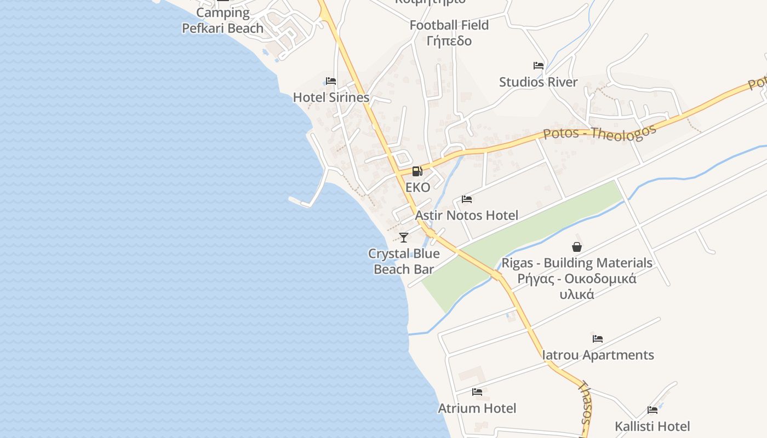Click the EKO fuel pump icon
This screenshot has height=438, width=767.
coord(417,171)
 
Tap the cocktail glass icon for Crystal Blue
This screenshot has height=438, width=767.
coord(404,237)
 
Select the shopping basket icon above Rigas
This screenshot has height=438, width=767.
coord(577,247)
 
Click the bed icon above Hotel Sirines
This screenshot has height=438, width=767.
coord(331,81)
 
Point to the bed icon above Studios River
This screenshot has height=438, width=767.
coord(539,66)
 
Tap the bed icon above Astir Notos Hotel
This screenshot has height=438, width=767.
coord(467,199)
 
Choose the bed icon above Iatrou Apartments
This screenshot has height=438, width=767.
coord(598,339)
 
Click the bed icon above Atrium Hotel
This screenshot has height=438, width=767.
coord(477,392)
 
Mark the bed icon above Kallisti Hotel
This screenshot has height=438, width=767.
coord(652,410)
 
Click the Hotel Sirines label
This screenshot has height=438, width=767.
coord(331,97)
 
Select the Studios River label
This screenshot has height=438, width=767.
coord(539,82)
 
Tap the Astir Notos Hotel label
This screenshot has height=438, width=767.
coord(467,215)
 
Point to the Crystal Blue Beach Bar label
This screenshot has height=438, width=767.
coord(404,261)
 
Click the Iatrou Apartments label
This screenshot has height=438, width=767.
coord(598,355)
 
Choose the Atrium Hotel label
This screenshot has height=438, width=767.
coord(477,408)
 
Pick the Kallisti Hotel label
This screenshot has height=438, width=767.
coord(652,426)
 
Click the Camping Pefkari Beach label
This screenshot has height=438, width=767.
coord(223,20)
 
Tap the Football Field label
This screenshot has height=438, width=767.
coord(449,25)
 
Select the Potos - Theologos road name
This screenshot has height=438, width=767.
coord(600,133)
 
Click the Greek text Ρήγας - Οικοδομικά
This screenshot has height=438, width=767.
coord(577,278)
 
